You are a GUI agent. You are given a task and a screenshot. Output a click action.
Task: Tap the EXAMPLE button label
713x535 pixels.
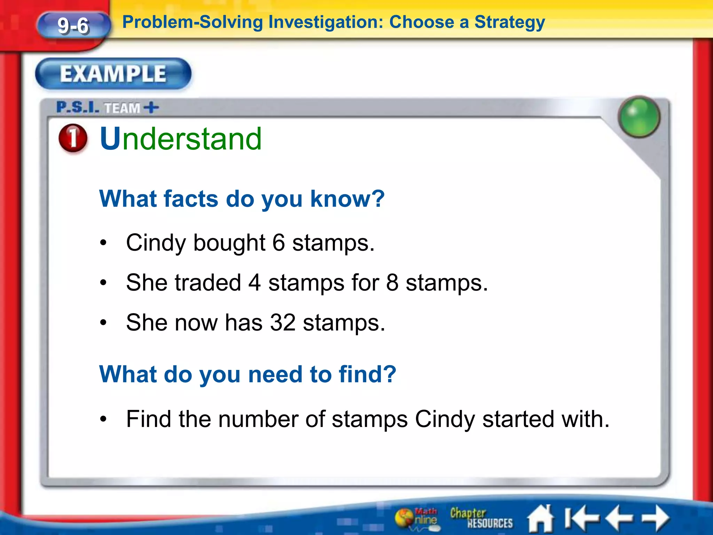coord(113,74)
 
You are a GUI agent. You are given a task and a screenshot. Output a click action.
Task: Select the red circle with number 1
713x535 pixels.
coord(73,138)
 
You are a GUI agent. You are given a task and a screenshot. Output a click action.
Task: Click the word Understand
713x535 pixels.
coord(181,139)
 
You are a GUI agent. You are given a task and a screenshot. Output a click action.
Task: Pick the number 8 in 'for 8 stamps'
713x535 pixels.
coord(392,282)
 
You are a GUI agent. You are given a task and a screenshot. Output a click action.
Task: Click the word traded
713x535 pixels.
coord(208,282)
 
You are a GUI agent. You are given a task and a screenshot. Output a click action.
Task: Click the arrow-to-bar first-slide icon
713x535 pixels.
coord(582,518)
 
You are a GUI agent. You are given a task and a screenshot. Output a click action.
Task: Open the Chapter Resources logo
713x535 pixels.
coord(481,518)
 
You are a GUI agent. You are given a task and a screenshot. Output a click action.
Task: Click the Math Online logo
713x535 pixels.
coord(416,518)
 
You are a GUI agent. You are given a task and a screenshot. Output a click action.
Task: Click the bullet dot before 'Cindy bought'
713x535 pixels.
coord(103,243)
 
